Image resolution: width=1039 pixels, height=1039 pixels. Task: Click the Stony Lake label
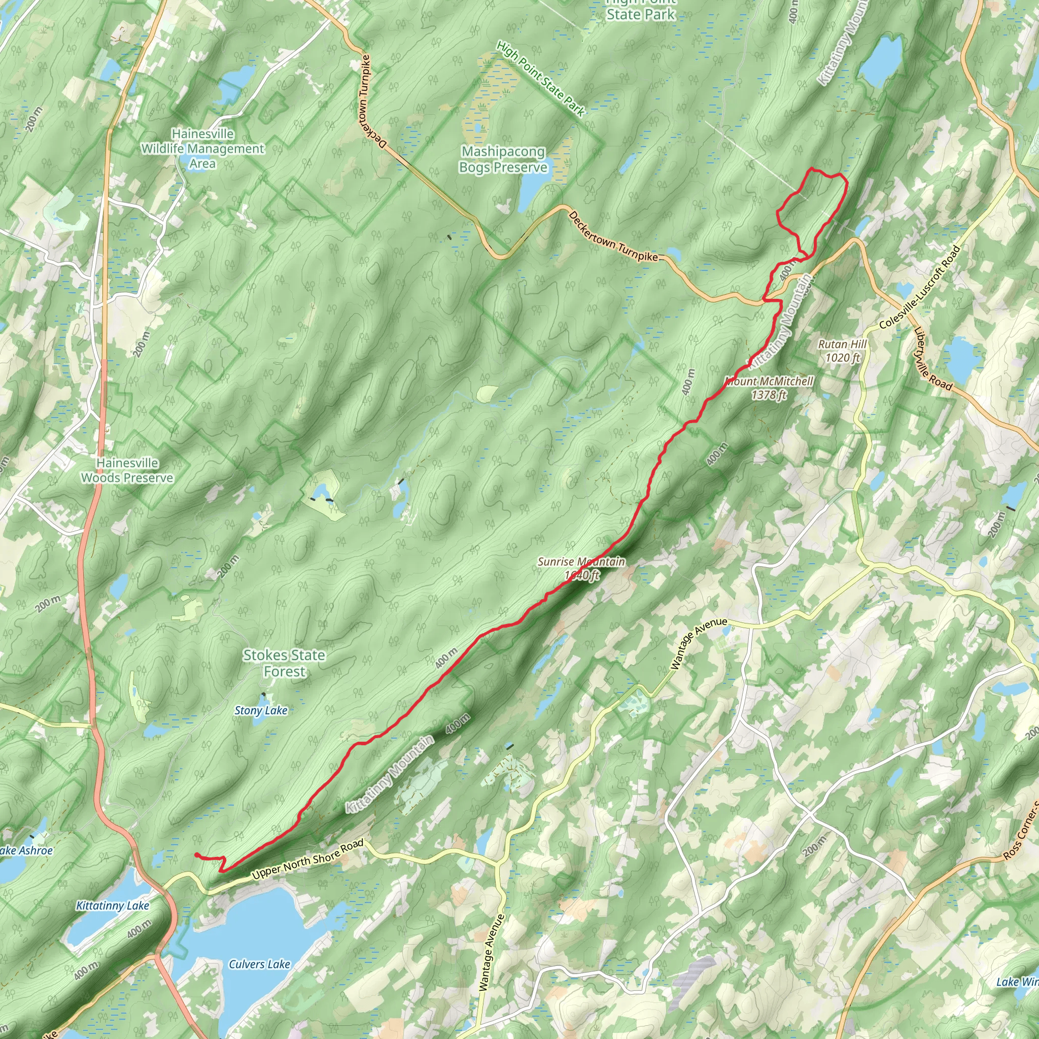coord(261,710)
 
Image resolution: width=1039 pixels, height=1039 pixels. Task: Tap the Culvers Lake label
coord(259,964)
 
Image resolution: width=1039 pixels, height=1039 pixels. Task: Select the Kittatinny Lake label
coord(113,906)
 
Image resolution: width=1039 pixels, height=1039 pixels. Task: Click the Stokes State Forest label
coord(284,663)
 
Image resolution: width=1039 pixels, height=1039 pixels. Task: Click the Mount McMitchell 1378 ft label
coord(769,388)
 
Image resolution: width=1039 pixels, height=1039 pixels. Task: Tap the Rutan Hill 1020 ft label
coord(842,351)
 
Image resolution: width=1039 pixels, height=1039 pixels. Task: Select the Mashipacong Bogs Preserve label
coord(503,160)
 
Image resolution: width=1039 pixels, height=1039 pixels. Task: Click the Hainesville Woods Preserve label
coord(127,470)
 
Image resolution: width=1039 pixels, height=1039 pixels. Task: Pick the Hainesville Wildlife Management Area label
coord(203,149)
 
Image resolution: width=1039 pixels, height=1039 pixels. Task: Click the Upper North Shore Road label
coord(307,859)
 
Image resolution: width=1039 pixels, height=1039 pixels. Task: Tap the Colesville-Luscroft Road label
coord(920,288)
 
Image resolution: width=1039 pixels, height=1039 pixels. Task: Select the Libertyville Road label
coord(932,359)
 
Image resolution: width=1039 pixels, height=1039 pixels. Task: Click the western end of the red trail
coord(196,855)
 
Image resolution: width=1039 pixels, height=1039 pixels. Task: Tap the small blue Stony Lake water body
coord(264,699)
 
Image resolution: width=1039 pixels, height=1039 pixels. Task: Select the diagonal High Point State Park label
coord(540,79)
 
